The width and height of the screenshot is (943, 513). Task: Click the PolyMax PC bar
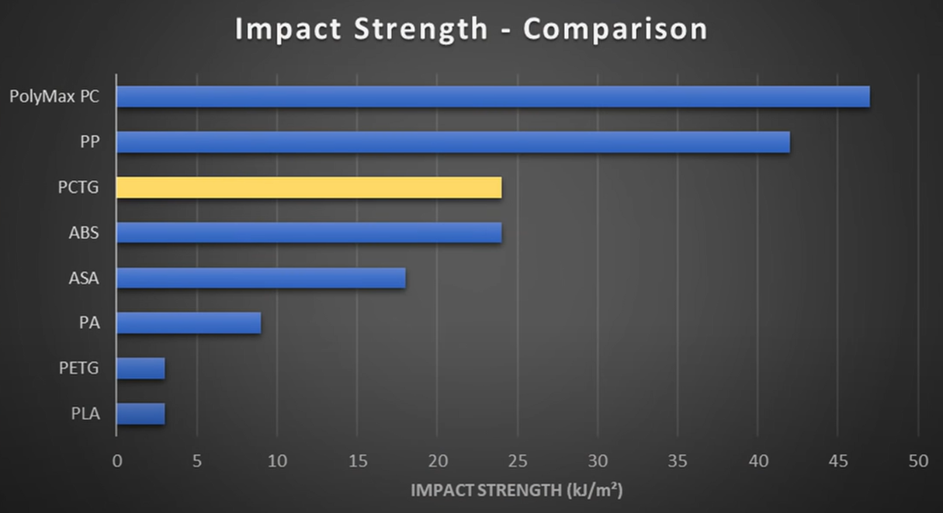493,97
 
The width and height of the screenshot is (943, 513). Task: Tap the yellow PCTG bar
309,187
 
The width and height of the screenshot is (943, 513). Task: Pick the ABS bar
309,232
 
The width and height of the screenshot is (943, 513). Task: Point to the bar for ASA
261,278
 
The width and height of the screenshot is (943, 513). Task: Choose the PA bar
189,323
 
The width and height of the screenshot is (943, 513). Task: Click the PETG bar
140,368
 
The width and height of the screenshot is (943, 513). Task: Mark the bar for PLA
140,414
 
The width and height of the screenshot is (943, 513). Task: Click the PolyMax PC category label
54,97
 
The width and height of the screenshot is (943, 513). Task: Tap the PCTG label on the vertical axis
78,187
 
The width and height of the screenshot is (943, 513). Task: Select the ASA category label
84,278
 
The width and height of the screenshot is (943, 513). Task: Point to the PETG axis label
78,368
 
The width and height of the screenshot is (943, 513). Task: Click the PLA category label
85,414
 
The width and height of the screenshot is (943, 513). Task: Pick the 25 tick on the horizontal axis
517,460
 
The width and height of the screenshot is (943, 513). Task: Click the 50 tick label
918,460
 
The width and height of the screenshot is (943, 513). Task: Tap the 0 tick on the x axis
116,460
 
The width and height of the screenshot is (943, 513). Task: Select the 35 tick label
678,460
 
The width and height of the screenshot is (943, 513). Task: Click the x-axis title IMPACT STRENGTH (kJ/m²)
517,490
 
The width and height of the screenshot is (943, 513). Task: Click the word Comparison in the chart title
615,29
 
